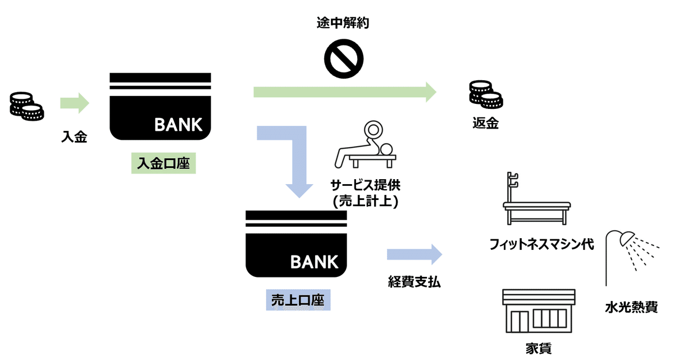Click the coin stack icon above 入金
tap(26, 106)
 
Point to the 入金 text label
tap(74, 136)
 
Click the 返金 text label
tap(486, 124)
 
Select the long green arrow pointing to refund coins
tap(345, 92)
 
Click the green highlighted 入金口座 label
tap(163, 163)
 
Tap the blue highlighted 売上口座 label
tap(298, 300)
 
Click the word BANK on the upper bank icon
tap(178, 125)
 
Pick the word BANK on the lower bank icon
tap(314, 262)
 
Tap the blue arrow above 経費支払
tap(414, 254)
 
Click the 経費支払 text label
tap(414, 282)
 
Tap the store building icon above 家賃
tap(538, 312)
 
